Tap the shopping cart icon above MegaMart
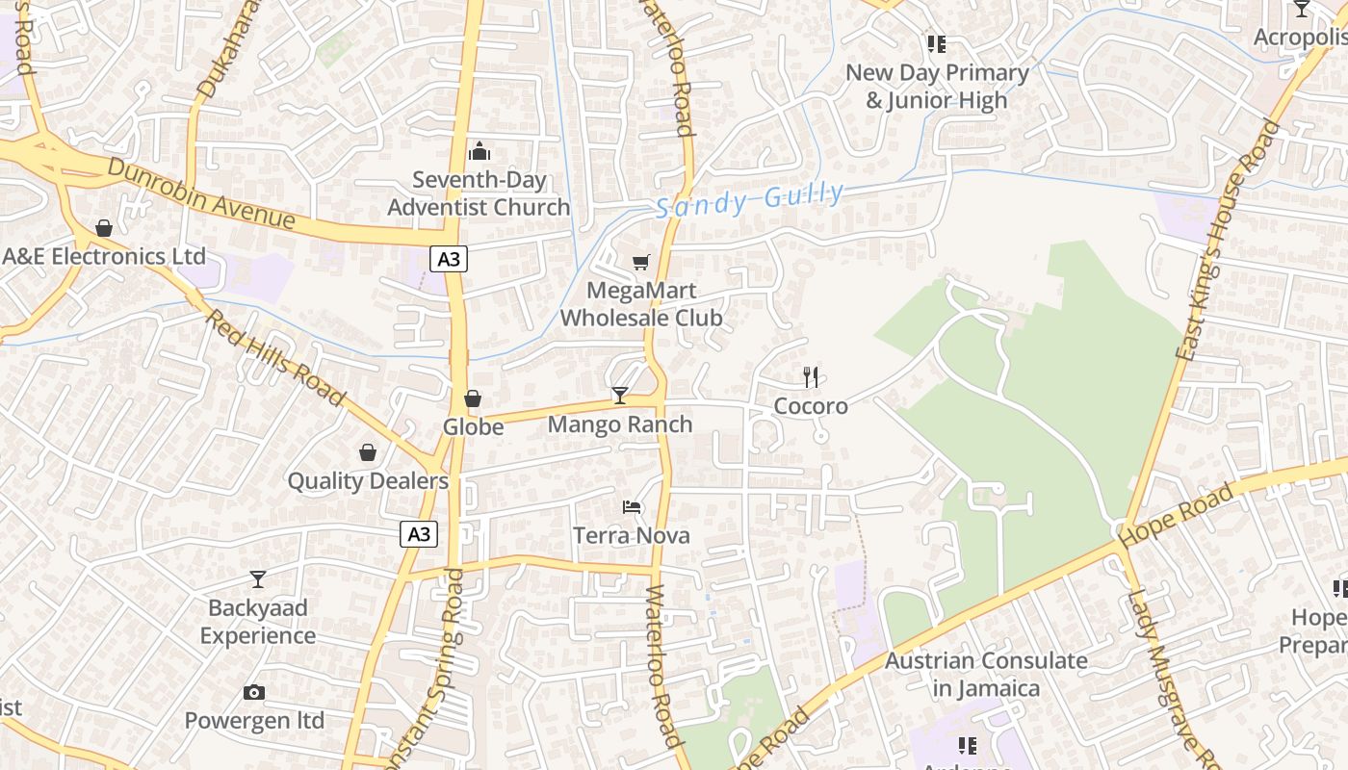[641, 262]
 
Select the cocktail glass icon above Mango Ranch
[620, 395]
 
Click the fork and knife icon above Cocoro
[811, 376]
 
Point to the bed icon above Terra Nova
[632, 506]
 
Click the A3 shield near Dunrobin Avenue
[449, 258]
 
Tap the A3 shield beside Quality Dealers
[419, 534]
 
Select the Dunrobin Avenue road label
[200, 193]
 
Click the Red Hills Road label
[275, 357]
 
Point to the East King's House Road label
[1229, 241]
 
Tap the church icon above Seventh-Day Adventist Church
[479, 151]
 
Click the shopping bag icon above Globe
[473, 398]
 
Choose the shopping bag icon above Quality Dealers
[368, 452]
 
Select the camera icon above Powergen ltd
[254, 692]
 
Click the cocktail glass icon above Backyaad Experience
[257, 578]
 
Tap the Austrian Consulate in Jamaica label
[986, 674]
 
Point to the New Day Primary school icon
[936, 43]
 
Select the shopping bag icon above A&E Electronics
[103, 228]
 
